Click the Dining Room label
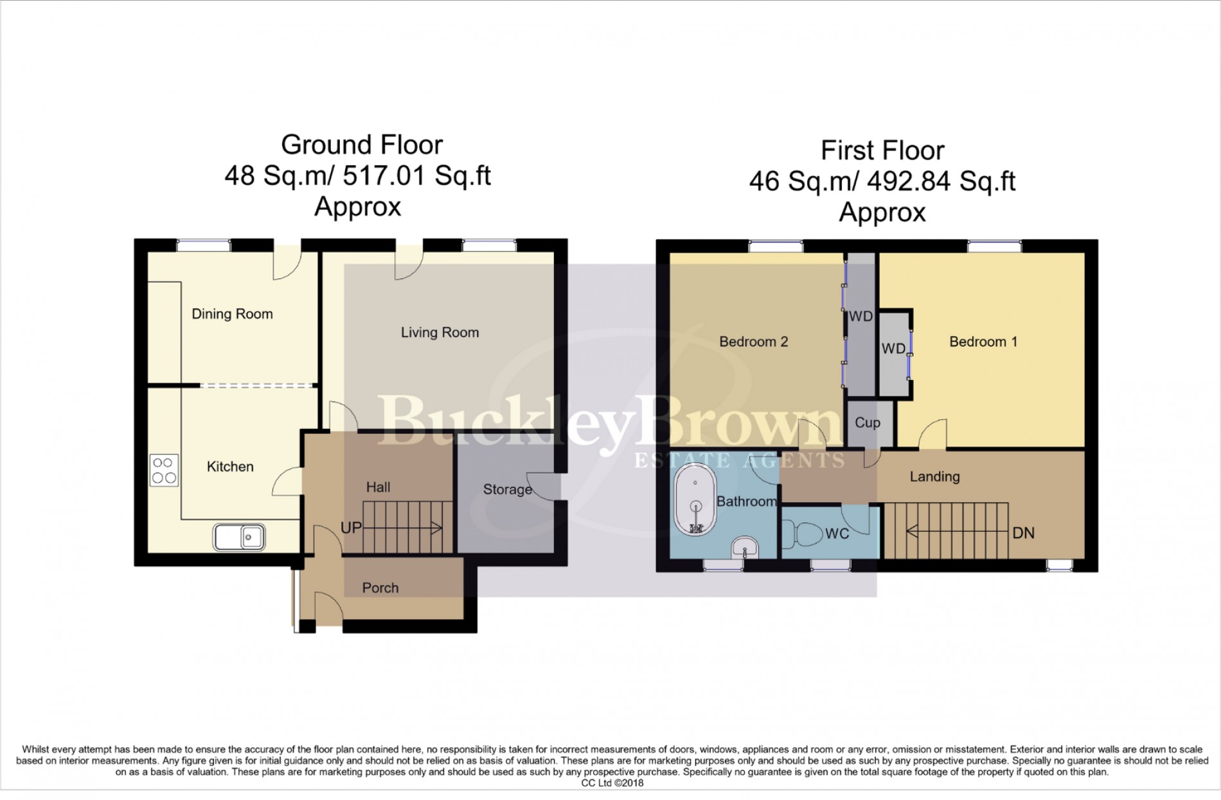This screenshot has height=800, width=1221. tap(232, 314)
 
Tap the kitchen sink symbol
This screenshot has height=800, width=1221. tap(239, 537)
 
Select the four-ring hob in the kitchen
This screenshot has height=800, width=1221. tap(163, 470)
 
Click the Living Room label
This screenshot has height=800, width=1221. tap(440, 332)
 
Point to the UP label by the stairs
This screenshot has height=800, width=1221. tap(351, 528)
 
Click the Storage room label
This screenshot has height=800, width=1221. tap(507, 489)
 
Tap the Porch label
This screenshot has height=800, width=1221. tap(380, 588)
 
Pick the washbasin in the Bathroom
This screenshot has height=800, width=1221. tap(745, 549)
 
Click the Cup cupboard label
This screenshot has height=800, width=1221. tap(867, 423)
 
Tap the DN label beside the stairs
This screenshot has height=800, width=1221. tap(1023, 533)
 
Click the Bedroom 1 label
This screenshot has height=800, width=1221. tap(983, 341)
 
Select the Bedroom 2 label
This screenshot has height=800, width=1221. tap(753, 341)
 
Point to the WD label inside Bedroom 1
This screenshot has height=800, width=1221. tap(893, 349)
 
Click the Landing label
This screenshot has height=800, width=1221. tap(934, 477)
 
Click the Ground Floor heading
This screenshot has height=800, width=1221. tap(362, 145)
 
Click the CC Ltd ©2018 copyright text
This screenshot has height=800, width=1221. tap(612, 783)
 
